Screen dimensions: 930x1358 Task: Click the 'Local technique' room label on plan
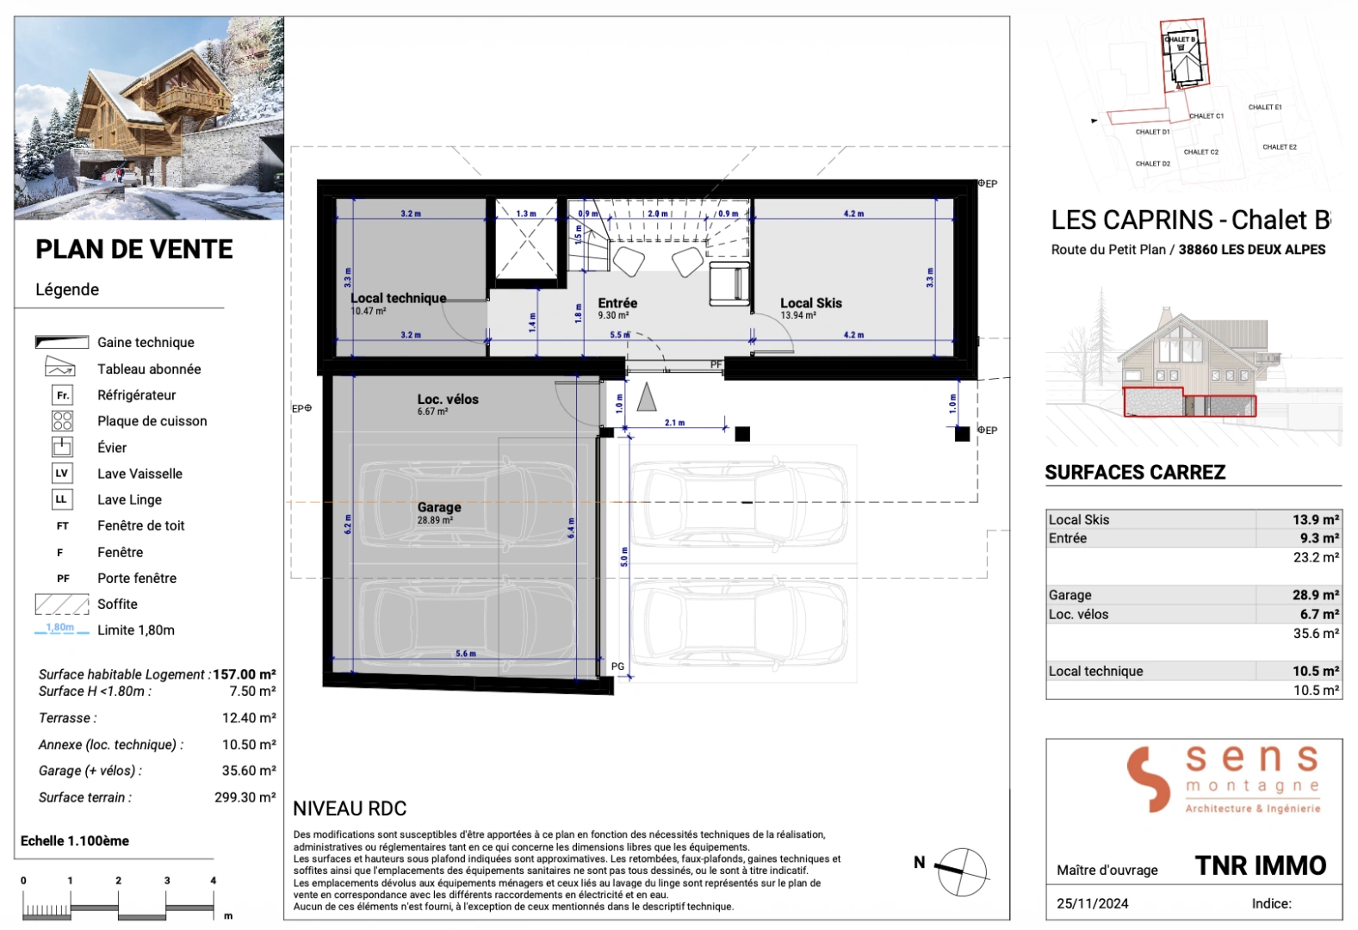398,298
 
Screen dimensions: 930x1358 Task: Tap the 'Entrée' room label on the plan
617,303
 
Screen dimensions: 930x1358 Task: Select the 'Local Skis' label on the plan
810,303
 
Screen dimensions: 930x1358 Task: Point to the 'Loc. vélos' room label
448,400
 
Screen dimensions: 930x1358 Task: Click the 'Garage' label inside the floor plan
439,507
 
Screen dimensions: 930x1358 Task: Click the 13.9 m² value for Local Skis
1315,519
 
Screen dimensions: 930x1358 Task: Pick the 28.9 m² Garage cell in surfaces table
1315,595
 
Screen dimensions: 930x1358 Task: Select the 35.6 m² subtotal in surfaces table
1315,633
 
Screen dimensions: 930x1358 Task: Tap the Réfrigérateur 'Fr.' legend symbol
62,395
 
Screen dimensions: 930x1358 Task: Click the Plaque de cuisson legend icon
62,421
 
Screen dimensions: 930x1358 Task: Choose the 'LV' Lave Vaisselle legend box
62,474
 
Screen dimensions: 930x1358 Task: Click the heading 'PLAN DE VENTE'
134,250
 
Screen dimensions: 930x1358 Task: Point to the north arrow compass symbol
961,871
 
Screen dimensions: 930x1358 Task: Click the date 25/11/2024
1092,903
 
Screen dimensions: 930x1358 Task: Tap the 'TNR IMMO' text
1260,865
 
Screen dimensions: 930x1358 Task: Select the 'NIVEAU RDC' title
350,809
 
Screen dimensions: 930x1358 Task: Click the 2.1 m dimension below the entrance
674,423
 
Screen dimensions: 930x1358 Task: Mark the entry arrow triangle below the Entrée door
647,397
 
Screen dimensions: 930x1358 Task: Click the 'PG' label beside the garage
617,666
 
